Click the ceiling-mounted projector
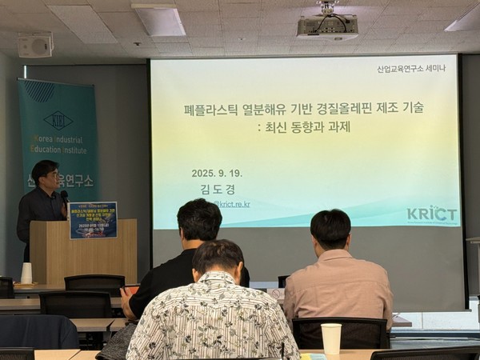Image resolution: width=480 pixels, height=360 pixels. click(x=326, y=25)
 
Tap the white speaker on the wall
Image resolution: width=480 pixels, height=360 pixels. click(x=34, y=45)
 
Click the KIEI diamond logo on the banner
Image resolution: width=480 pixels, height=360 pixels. click(x=58, y=120)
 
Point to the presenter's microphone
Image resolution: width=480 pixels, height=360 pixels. click(x=64, y=196)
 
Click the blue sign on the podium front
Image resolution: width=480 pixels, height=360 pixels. click(x=93, y=220)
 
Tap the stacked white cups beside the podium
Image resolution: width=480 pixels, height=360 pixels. click(x=26, y=273)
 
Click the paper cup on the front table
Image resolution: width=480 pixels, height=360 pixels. click(x=330, y=337)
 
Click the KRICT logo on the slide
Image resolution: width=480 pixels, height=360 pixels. click(x=431, y=214)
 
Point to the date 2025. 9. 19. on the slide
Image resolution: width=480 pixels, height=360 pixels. click(x=217, y=173)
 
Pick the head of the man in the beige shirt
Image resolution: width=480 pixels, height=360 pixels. click(x=330, y=229)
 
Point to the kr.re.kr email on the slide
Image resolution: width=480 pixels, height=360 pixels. click(x=232, y=204)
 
